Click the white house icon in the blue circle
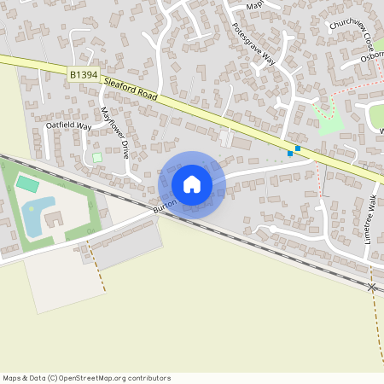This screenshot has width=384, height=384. pyautogui.click(x=192, y=184)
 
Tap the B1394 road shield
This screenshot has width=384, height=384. pyautogui.click(x=83, y=75)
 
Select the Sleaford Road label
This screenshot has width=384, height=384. pyautogui.click(x=130, y=90)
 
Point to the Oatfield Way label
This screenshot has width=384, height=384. pyautogui.click(x=68, y=126)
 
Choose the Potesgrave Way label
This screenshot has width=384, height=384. pyautogui.click(x=253, y=44)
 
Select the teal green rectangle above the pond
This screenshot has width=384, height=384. pyautogui.click(x=27, y=183)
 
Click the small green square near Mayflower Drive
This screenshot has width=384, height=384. pyautogui.click(x=96, y=157)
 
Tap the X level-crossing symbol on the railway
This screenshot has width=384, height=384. pyautogui.click(x=371, y=288)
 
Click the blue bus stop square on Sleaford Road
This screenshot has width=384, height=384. pyautogui.click(x=297, y=148)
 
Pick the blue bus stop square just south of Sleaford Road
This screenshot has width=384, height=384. pyautogui.click(x=290, y=154)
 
